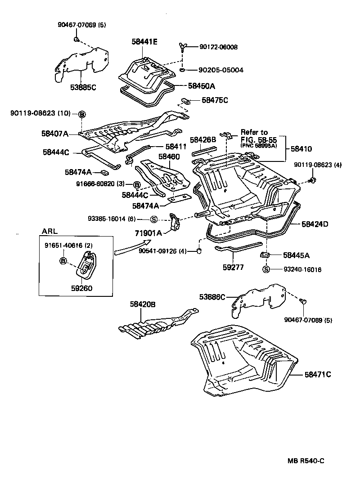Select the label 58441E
point(145,41)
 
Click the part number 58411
point(175,146)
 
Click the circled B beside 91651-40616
point(63,261)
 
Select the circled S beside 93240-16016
point(265,269)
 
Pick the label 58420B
point(143,304)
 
